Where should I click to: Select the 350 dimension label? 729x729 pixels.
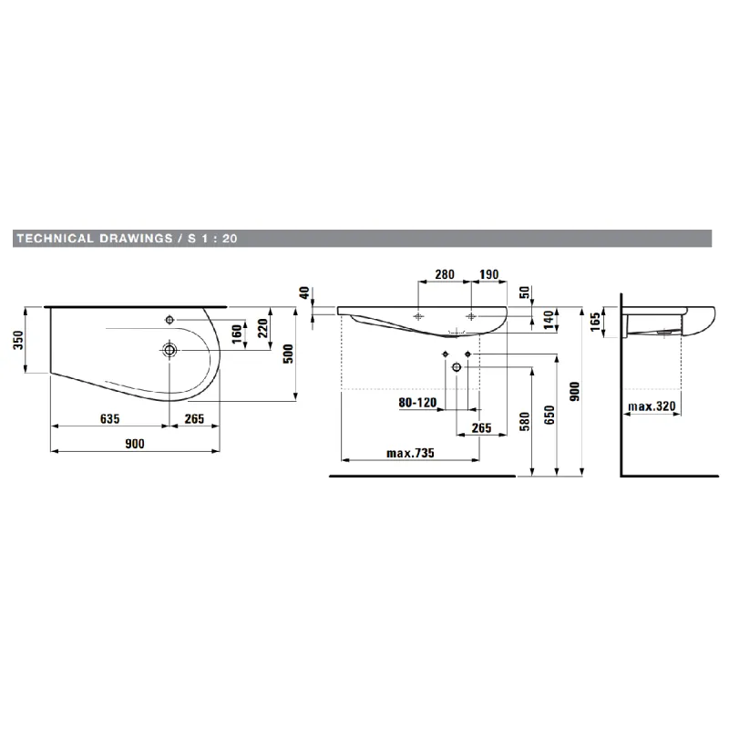click(x=17, y=340)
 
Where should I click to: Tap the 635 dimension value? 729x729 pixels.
click(x=109, y=419)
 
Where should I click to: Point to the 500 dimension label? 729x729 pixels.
click(x=288, y=354)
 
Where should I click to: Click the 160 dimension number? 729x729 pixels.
click(x=237, y=334)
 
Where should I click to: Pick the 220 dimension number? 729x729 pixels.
click(x=262, y=328)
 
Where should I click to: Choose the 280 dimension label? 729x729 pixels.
click(x=445, y=274)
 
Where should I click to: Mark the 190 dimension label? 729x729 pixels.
click(x=489, y=274)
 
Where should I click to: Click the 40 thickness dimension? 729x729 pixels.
click(x=303, y=293)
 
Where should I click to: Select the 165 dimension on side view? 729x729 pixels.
click(x=595, y=322)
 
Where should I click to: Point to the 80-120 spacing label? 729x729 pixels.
click(x=417, y=402)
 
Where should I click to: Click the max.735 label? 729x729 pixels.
click(x=410, y=453)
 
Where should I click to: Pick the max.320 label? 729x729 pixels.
click(x=652, y=406)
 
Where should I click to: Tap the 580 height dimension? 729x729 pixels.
click(x=525, y=421)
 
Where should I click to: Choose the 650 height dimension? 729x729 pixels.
click(x=549, y=415)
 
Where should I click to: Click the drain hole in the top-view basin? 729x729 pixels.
click(x=169, y=350)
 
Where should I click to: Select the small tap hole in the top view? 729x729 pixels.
click(x=169, y=320)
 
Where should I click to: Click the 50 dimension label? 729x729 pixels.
click(x=525, y=293)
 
